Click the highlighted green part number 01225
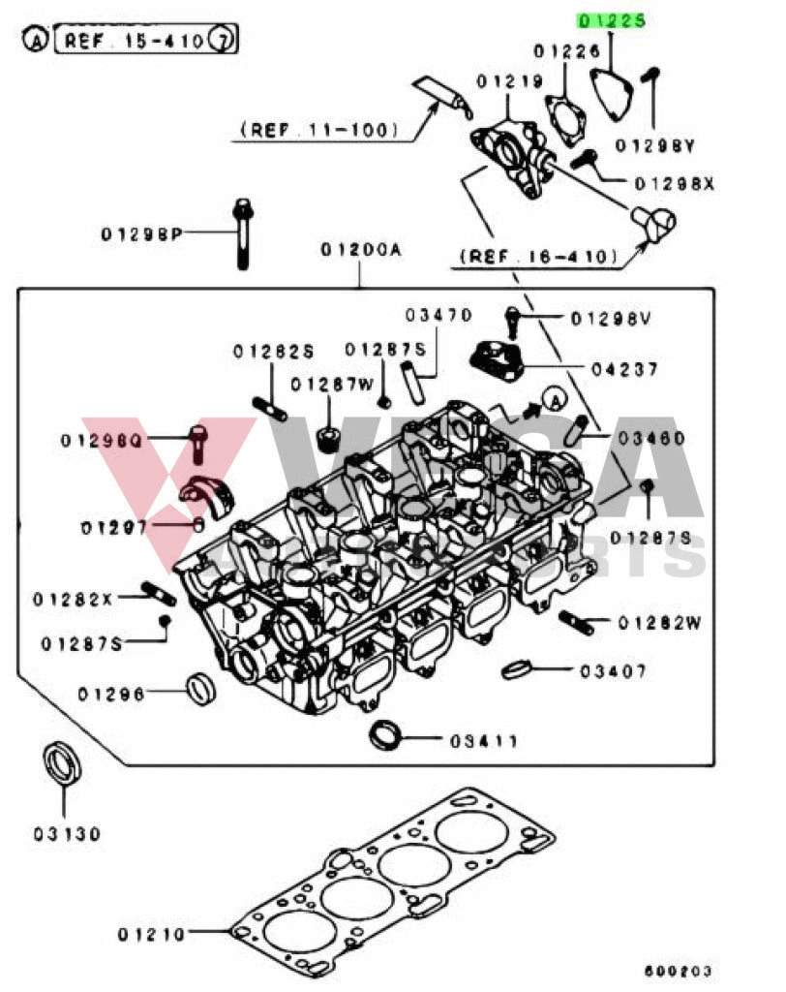coord(611,19)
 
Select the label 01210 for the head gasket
coord(151,935)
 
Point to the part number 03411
coord(483,741)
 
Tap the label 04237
coord(624,369)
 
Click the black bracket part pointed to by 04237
coord(496,360)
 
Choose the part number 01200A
coord(361,250)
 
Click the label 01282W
coord(659,623)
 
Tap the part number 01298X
coord(674,183)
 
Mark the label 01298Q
coord(115,440)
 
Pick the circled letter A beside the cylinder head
coord(555,396)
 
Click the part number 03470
coord(438,315)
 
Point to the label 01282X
coord(73,599)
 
